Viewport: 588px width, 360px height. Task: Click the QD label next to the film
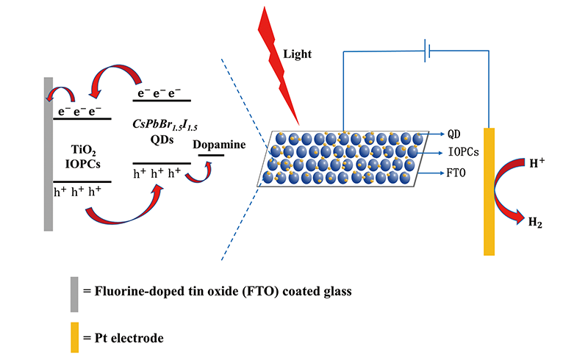pos(455,135)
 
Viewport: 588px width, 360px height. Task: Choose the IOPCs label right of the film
pos(464,153)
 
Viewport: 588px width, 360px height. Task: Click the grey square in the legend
pos(74,289)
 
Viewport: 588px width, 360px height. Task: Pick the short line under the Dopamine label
pos(212,155)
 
